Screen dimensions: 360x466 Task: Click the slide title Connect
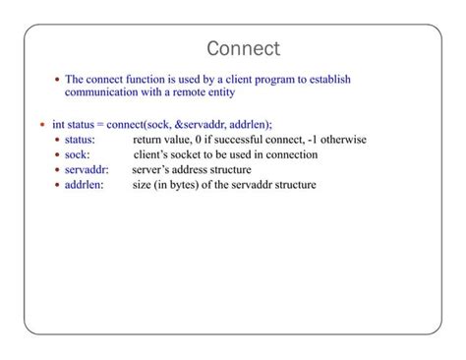pyautogui.click(x=244, y=48)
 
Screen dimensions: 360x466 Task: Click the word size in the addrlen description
pyautogui.click(x=143, y=185)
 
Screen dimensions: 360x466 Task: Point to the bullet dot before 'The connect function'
pyautogui.click(x=57, y=80)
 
